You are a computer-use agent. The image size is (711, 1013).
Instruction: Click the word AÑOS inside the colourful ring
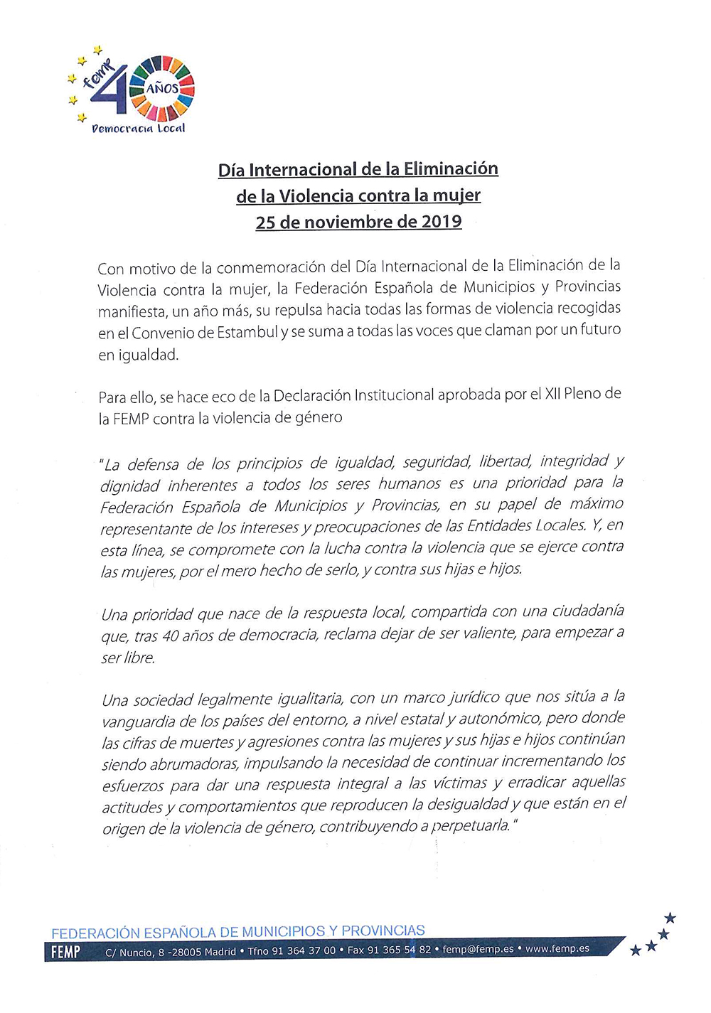point(163,89)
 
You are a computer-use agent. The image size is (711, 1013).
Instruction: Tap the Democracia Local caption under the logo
point(138,129)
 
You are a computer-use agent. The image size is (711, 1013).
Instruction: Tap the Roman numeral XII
point(552,395)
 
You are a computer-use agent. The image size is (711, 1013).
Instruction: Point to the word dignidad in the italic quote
point(130,486)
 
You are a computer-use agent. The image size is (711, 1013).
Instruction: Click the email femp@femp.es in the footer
point(478,949)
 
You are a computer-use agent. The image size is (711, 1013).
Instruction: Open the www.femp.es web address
point(557,948)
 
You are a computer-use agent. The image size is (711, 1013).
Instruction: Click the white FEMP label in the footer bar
point(66,952)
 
